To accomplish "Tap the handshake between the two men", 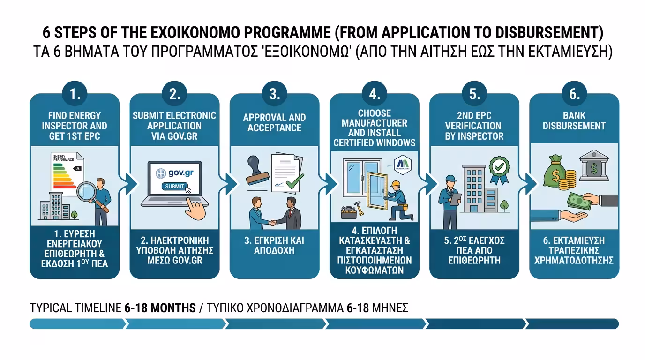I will (x=274, y=221).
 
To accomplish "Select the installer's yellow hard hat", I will (x=397, y=183).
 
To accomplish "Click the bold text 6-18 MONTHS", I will (x=160, y=308).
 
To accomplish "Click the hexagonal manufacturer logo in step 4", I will (x=403, y=163).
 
